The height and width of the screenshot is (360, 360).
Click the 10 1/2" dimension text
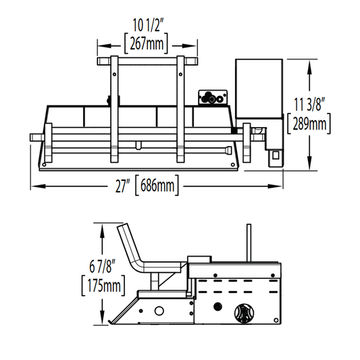pos(148,25)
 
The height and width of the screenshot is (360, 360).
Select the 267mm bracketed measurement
pos(147,44)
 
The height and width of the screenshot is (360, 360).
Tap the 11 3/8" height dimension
pos(309,104)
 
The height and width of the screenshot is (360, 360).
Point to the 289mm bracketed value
pos(309,124)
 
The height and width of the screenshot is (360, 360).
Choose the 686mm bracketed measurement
pos(157,185)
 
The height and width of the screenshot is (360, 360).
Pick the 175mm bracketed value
pos(103,286)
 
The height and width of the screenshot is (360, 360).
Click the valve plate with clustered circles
pos(213,97)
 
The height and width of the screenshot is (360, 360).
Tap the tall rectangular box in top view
pos(259,88)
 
